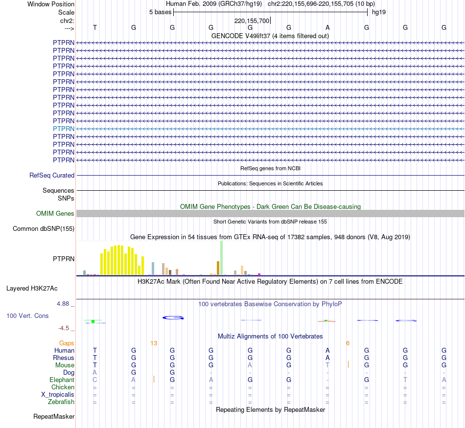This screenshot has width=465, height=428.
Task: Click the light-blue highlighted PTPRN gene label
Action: tap(64, 129)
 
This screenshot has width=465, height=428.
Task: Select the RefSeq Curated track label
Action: tap(52, 175)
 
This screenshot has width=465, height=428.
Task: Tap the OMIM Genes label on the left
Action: tap(55, 213)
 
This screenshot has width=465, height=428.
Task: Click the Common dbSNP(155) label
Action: tap(44, 228)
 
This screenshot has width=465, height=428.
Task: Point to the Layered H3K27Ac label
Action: tap(39, 288)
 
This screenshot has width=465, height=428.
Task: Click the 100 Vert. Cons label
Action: tap(27, 315)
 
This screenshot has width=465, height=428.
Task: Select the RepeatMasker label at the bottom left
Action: tap(54, 417)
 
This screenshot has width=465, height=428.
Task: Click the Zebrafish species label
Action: tap(61, 402)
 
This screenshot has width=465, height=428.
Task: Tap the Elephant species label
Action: tap(62, 380)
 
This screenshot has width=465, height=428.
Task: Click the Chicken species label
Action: tap(63, 387)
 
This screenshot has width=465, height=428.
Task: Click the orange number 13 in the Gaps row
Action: tap(154, 343)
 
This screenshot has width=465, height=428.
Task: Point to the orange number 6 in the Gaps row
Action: tap(348, 343)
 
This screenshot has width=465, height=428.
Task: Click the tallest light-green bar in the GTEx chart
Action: tap(221, 258)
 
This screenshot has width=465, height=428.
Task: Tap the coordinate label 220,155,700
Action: tap(252, 21)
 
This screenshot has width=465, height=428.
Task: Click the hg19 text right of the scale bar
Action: tap(379, 12)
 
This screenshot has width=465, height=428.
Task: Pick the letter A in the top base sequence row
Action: tap(328, 27)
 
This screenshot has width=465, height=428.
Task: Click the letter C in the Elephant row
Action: tap(95, 380)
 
